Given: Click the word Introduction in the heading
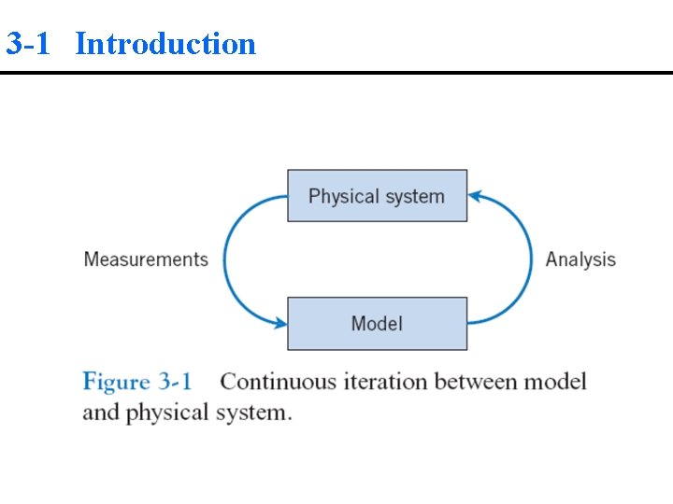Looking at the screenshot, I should coord(165,44).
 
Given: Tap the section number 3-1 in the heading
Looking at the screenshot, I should coord(28,44).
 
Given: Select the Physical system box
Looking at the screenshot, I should coord(377,196).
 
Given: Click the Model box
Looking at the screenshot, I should coord(377,324).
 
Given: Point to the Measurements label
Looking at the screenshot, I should coord(146,259).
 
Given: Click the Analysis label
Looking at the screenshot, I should coord(580,259).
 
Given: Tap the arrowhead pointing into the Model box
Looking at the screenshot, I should coord(279,324).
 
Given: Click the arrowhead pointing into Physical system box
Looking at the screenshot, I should coord(474,196).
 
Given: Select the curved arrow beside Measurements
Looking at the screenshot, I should coord(225,259).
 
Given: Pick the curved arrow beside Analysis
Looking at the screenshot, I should coord(531,259).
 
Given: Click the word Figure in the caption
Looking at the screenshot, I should coord(116,382).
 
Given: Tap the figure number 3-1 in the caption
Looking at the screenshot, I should coord(175,382).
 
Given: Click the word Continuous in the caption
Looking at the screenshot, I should coord(278,382).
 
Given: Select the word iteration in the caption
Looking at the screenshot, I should coord(385,382).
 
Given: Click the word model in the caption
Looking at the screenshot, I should coord(555,382).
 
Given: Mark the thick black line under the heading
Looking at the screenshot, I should coord(336,73).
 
